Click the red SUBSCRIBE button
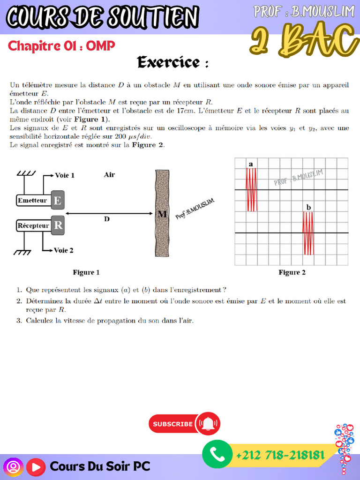click(172, 424)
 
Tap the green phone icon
click(217, 455)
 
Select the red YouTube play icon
click(36, 467)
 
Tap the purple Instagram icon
click(13, 467)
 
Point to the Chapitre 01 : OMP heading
click(61, 46)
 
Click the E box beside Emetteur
click(58, 201)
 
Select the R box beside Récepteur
click(58, 225)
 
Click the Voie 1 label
click(65, 175)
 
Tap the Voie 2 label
click(64, 250)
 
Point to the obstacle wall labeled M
click(162, 213)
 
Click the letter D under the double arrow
click(107, 219)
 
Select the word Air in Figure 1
click(109, 175)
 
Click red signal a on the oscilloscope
click(252, 189)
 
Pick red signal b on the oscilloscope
click(308, 233)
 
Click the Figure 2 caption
click(292, 272)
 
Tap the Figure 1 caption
click(86, 272)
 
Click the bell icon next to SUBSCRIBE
click(208, 424)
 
